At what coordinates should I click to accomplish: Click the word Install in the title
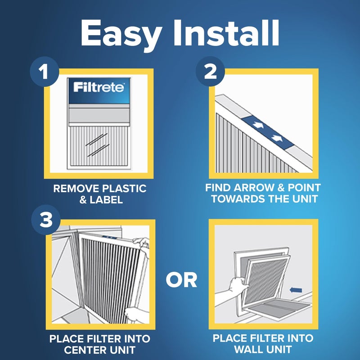229,32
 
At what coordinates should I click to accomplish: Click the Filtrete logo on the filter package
99,87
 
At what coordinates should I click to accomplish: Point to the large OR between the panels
181,280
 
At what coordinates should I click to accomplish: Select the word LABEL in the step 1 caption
107,200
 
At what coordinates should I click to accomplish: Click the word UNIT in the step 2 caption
304,200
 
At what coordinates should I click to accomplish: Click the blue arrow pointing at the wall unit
296,290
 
